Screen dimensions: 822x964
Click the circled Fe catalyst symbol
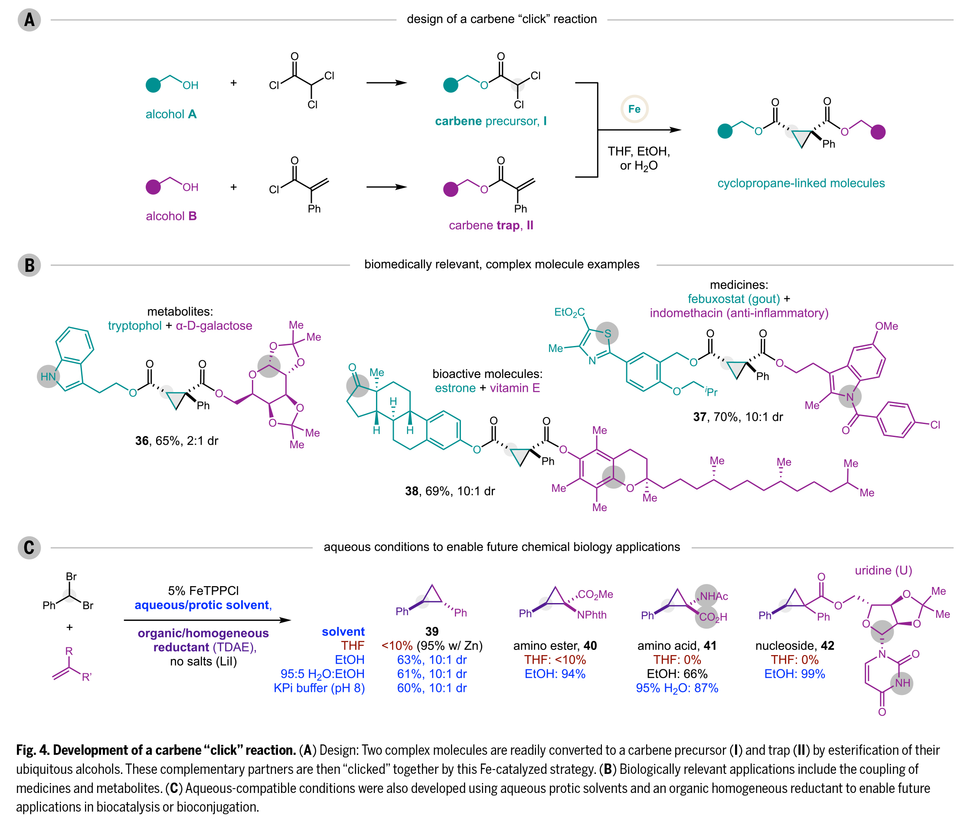tap(634, 109)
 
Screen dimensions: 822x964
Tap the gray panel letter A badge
tap(29, 20)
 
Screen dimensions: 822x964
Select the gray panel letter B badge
tap(29, 265)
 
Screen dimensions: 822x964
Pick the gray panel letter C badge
tap(29, 548)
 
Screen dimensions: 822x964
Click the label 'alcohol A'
tap(171, 114)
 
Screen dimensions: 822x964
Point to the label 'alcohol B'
tap(171, 216)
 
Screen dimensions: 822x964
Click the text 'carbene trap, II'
tap(491, 225)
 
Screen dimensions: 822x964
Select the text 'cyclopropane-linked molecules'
tap(801, 183)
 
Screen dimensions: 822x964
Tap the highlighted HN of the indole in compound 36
tap(49, 376)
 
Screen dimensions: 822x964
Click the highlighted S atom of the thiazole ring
tap(607, 333)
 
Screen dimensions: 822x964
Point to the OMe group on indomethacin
tap(886, 326)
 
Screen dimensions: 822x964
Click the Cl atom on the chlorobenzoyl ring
tap(935, 425)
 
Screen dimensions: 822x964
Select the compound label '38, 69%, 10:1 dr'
tap(450, 491)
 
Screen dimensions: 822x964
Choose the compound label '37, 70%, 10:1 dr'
tap(738, 417)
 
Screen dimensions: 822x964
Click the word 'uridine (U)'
tap(883, 571)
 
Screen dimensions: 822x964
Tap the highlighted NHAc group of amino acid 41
tap(713, 597)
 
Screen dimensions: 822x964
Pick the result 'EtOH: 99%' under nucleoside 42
tap(794, 674)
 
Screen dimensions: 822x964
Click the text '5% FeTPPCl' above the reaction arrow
tap(203, 591)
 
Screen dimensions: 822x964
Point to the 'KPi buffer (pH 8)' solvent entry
tap(319, 688)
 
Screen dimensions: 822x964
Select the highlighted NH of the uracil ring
tap(902, 683)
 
